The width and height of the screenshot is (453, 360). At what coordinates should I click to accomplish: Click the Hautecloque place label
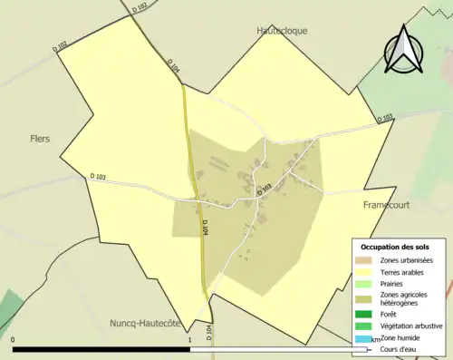(282, 30)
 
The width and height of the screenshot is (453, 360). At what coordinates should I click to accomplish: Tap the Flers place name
(38, 139)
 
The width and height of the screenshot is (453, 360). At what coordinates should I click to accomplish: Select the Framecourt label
(386, 205)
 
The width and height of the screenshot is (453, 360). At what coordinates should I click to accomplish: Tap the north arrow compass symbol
(403, 47)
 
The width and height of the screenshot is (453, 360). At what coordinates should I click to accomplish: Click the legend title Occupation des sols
(395, 247)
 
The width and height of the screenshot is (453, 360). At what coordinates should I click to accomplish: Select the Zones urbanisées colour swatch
(362, 259)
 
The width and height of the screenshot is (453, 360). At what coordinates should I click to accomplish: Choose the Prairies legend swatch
(362, 283)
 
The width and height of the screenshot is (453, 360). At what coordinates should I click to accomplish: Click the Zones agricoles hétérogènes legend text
(405, 299)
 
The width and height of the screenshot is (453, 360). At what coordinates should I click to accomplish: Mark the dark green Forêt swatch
(362, 315)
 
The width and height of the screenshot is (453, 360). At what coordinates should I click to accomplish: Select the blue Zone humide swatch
(362, 338)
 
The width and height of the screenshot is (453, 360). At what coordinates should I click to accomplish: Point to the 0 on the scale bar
(14, 339)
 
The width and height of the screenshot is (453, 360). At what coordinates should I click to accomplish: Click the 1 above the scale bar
(190, 339)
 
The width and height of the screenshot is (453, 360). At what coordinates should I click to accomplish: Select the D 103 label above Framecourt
(384, 117)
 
